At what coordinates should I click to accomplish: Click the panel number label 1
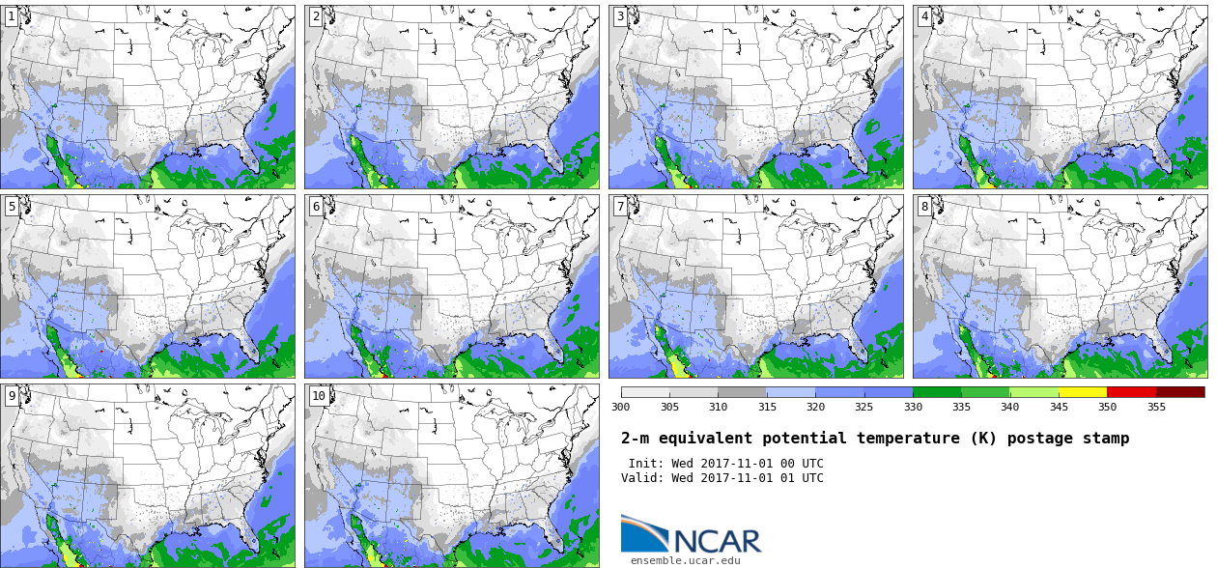click(x=12, y=16)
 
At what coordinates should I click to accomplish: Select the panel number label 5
click(x=12, y=206)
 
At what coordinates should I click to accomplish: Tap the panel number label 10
click(x=319, y=396)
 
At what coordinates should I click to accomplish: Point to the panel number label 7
click(x=620, y=206)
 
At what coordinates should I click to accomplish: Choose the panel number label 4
click(x=924, y=16)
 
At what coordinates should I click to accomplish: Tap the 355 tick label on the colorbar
click(x=1157, y=407)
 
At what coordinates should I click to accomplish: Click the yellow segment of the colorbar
click(x=1083, y=392)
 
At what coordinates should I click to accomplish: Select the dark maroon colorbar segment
click(x=1180, y=392)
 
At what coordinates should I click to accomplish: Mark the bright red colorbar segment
click(x=1132, y=392)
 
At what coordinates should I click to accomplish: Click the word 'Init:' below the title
click(x=646, y=464)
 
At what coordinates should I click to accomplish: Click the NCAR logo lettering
click(x=718, y=541)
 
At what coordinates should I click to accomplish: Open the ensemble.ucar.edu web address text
click(x=685, y=560)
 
